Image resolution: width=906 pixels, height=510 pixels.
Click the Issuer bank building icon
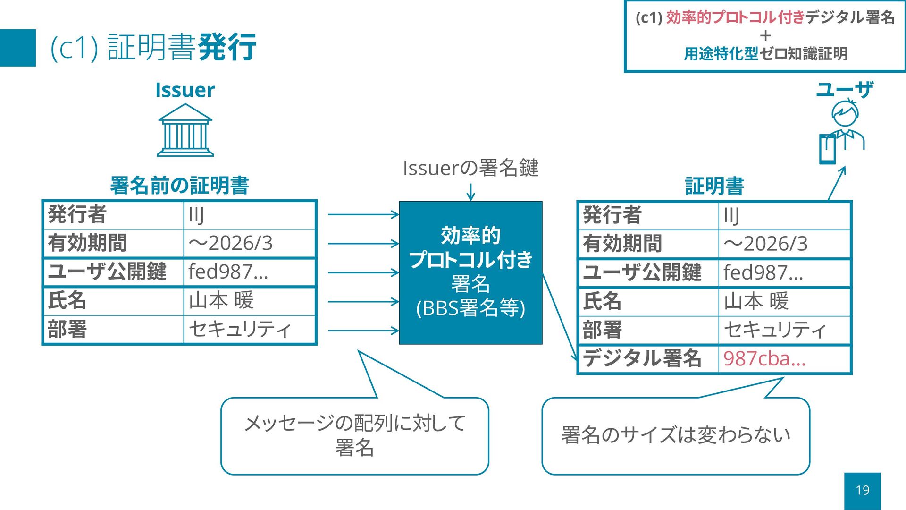(185, 130)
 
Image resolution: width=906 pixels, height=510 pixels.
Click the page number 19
(862, 490)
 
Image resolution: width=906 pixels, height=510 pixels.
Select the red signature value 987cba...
(764, 359)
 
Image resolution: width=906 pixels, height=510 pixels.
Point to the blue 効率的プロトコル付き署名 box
(470, 272)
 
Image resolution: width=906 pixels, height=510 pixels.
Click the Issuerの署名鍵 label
(470, 168)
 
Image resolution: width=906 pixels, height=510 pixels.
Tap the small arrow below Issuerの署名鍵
(470, 192)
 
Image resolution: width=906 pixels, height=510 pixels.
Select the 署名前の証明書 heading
(179, 186)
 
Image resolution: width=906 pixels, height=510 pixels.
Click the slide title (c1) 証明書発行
(153, 48)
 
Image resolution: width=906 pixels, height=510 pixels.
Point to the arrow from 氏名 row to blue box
(363, 302)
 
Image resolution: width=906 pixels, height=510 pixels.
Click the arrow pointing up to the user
(837, 183)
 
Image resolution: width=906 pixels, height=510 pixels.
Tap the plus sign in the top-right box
(765, 36)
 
